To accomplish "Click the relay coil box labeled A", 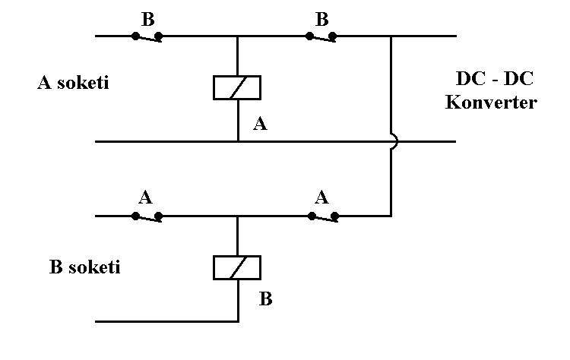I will tap(238, 87).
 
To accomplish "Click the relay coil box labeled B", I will tap(238, 267).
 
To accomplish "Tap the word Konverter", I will tap(490, 102).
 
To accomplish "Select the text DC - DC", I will tap(490, 80).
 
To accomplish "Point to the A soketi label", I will tap(73, 83).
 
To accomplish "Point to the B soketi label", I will tap(84, 267).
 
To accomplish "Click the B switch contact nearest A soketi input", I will tap(147, 36).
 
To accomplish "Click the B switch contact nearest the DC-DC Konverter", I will tap(322, 36).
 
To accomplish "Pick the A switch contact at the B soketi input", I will tap(147, 216).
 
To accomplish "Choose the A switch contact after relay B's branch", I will tap(322, 216).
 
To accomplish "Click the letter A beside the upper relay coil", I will tap(260, 125).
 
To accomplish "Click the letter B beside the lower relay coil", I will tap(265, 298).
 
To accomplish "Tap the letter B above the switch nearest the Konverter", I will tap(321, 17).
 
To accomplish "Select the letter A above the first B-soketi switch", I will tap(147, 197).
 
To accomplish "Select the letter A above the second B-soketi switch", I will tap(321, 197).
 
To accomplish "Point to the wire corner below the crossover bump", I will tap(390, 216).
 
